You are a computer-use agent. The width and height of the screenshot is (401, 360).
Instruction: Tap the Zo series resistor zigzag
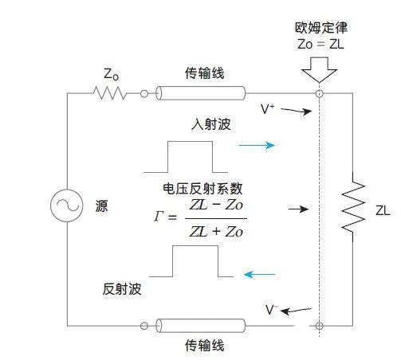click(x=110, y=93)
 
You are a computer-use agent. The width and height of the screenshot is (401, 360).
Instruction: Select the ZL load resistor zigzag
click(x=353, y=206)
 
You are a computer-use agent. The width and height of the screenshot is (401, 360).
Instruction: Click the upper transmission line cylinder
click(x=200, y=93)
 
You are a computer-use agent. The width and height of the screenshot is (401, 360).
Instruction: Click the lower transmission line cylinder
click(x=200, y=326)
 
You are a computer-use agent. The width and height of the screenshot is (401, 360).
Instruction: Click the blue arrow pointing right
click(x=257, y=145)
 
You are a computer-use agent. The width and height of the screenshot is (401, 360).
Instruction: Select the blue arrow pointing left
click(x=259, y=274)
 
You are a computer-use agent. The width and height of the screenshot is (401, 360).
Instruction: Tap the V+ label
click(x=267, y=109)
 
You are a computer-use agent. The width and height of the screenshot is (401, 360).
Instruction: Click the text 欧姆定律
click(x=321, y=28)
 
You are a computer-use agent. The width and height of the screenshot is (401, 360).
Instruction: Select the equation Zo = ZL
click(x=320, y=44)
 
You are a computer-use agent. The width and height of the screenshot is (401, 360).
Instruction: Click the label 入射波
click(x=211, y=124)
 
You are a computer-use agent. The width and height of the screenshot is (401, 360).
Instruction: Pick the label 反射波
click(x=122, y=289)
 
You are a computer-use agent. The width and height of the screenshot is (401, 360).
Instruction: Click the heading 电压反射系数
click(x=202, y=189)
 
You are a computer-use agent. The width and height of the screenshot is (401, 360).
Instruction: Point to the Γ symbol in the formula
click(x=158, y=217)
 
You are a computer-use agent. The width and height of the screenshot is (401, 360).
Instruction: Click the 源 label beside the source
click(x=101, y=206)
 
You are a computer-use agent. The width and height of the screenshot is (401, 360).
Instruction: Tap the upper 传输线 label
click(x=205, y=73)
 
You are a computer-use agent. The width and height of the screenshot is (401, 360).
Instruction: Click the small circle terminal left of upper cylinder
click(x=144, y=93)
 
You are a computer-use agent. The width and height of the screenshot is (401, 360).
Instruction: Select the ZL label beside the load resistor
click(x=383, y=210)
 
